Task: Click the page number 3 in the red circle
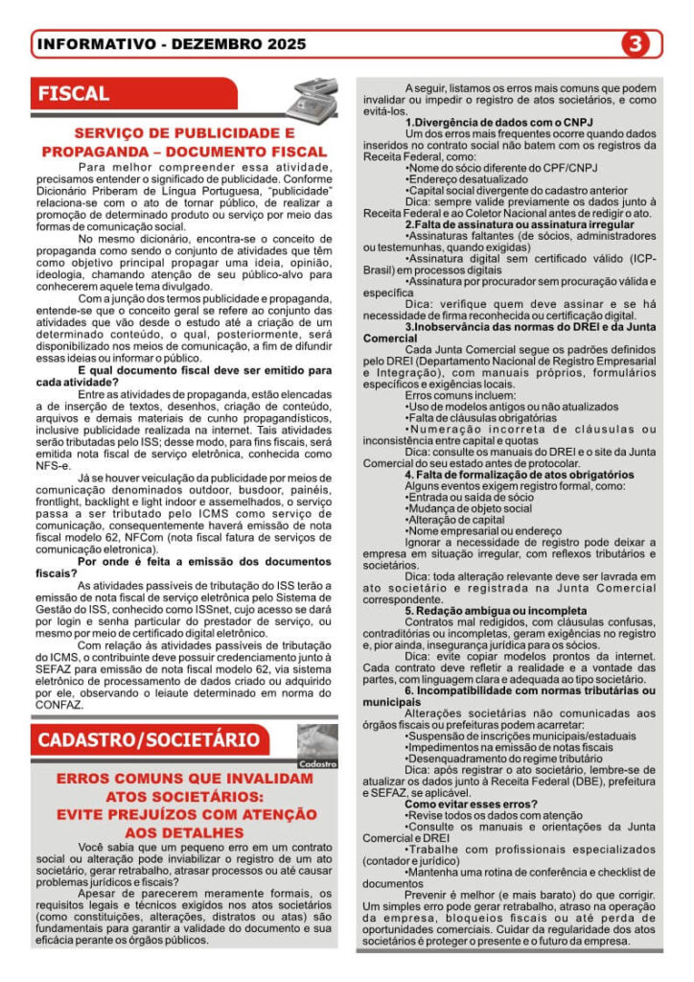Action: (636, 43)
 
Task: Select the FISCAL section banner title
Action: (74, 94)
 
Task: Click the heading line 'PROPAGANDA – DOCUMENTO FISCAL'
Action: (185, 152)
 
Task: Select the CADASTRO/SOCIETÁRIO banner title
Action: (148, 739)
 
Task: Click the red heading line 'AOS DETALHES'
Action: (185, 832)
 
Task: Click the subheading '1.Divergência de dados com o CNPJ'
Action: (498, 123)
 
